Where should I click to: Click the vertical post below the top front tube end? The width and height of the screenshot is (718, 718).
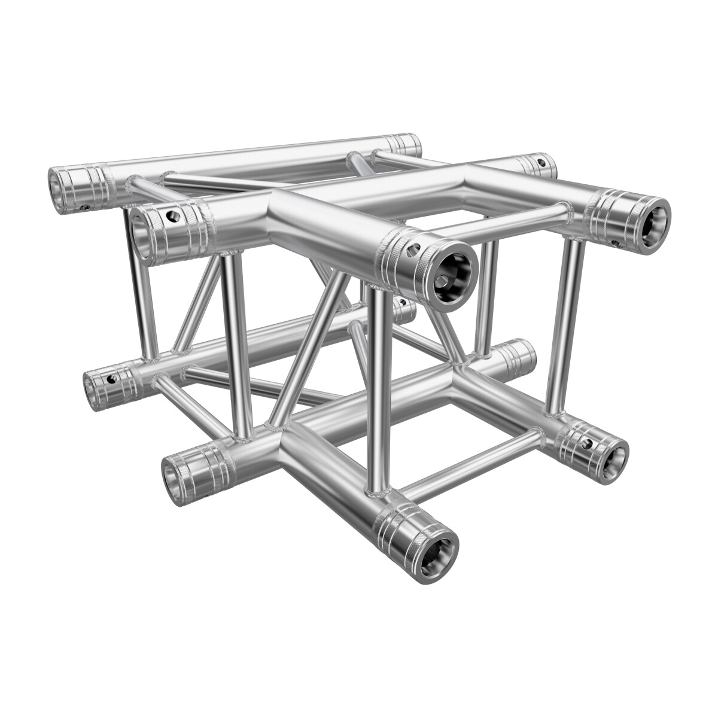pos(378,389)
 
